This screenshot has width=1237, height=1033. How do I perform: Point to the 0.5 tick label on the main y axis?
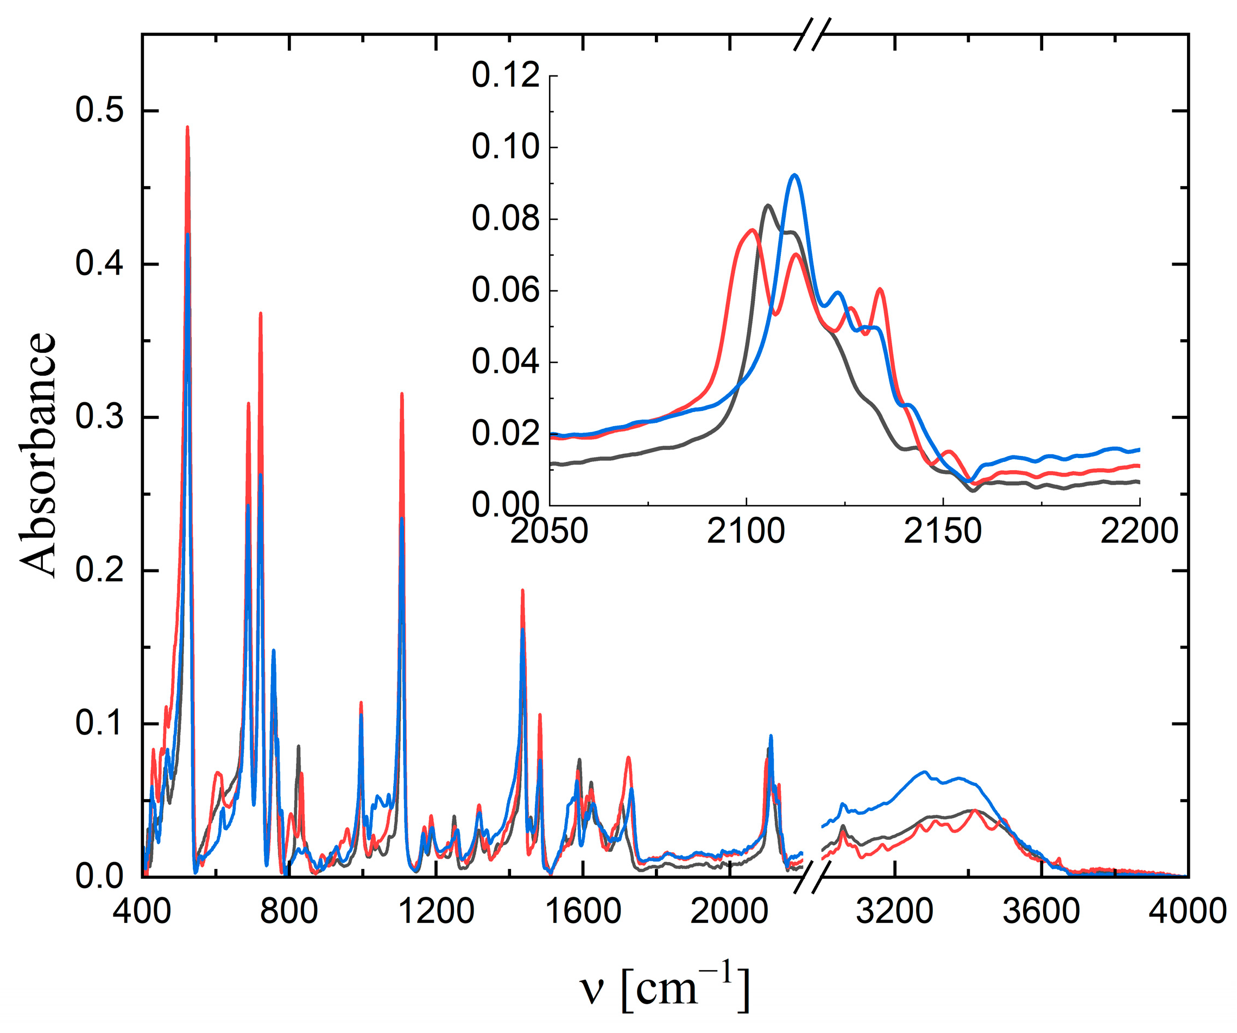tap(99, 110)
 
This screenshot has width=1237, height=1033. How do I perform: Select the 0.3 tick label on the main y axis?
tap(99, 417)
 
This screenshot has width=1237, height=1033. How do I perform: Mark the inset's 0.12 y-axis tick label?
tap(506, 76)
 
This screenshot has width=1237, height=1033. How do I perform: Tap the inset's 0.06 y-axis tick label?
tap(506, 290)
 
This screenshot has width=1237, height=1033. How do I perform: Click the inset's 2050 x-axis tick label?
tap(549, 531)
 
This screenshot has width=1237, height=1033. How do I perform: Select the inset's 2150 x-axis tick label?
tap(943, 531)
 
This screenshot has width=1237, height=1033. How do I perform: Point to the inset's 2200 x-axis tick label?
tap(1139, 531)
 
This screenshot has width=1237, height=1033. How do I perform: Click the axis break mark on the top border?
tap(812, 34)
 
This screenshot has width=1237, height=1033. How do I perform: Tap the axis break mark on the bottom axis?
tap(812, 877)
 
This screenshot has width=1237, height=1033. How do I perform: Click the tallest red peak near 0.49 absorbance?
tap(187, 127)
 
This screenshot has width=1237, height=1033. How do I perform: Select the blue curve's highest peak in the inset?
tap(794, 175)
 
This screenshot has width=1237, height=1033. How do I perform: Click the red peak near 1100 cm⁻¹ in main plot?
tap(402, 394)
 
